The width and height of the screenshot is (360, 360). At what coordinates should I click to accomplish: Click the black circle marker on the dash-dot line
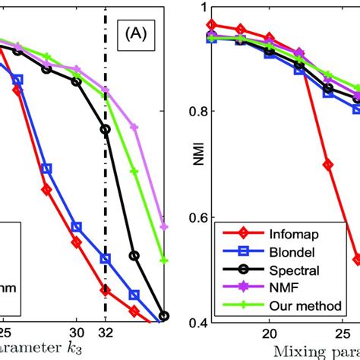pos(106,129)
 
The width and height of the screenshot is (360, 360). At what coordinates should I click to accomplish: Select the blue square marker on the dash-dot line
pos(106,259)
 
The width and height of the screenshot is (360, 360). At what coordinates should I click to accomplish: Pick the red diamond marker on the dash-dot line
pos(106,290)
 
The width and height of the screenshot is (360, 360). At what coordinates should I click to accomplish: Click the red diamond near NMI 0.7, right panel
pos(328,164)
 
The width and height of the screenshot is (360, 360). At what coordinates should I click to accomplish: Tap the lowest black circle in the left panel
pos(164,316)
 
